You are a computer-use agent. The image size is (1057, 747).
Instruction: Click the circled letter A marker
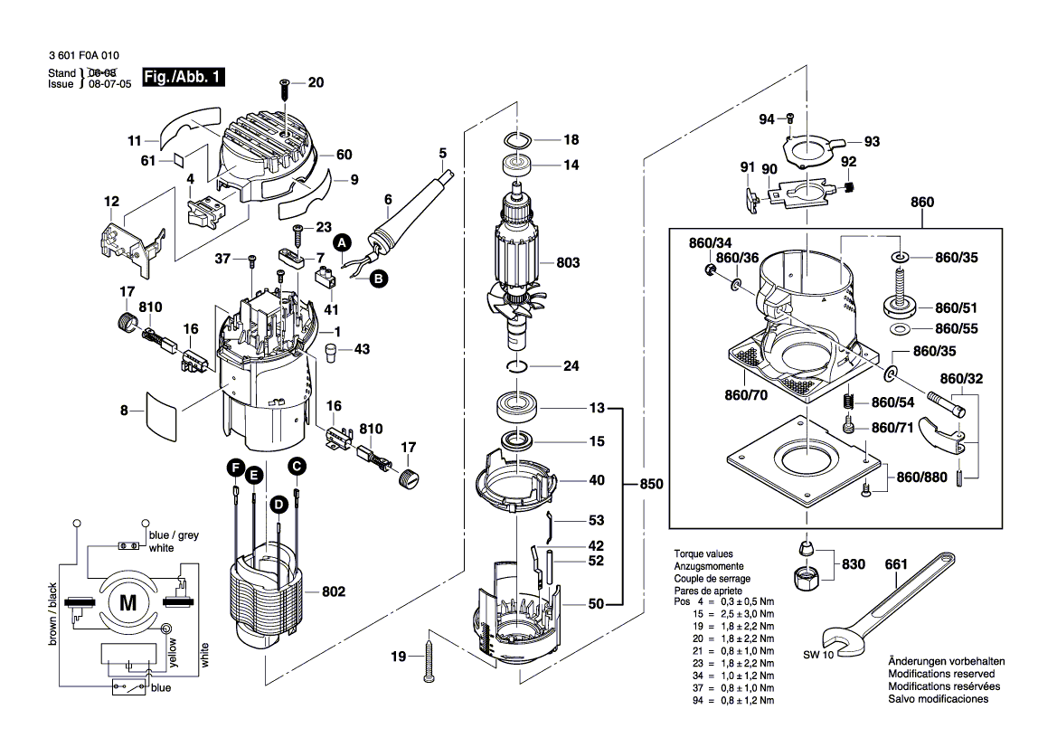pyautogui.click(x=342, y=242)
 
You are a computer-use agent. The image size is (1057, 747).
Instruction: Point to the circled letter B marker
pyautogui.click(x=378, y=279)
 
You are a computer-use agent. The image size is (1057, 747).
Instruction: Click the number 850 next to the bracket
pyautogui.click(x=651, y=485)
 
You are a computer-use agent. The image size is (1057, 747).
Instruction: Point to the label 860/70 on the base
pyautogui.click(x=746, y=395)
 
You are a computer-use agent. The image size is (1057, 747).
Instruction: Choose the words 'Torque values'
pyautogui.click(x=703, y=553)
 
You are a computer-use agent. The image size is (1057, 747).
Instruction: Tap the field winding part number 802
pyautogui.click(x=334, y=592)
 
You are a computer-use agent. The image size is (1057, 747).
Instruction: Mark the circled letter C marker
pyautogui.click(x=296, y=467)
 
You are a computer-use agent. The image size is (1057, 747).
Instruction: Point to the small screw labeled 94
pyautogui.click(x=789, y=118)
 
